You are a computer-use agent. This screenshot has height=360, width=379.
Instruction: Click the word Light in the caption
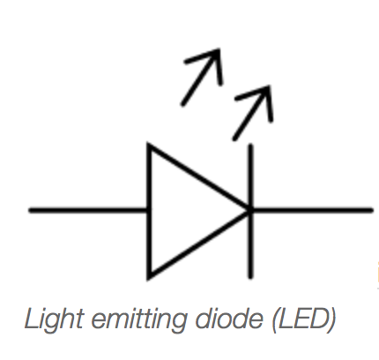[x=55, y=320]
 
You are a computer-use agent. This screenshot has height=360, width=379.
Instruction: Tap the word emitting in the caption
[x=139, y=320]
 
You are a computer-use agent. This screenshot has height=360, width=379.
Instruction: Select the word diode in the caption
[x=229, y=319]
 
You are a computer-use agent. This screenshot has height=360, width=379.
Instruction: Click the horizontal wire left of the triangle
[x=88, y=210]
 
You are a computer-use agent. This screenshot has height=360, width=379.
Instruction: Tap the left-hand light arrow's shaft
[x=200, y=78]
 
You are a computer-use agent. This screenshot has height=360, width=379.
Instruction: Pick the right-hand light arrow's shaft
[x=251, y=113]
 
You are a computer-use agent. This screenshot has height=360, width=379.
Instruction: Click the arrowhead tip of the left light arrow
[x=219, y=50]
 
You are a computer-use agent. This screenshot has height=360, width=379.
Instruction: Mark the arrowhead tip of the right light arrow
[x=269, y=86]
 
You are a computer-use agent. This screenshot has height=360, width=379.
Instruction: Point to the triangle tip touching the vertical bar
[x=249, y=210]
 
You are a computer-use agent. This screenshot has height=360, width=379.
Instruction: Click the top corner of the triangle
[x=149, y=145]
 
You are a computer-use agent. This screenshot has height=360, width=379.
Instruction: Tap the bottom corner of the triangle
[x=149, y=278]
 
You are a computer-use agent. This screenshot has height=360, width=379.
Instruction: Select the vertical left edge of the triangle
[x=149, y=211]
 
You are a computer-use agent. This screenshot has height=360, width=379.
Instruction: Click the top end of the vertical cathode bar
[x=250, y=145]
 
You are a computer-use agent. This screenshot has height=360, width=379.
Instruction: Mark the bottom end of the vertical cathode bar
[x=250, y=277]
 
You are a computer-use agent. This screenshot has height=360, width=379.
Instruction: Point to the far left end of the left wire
[x=30, y=210]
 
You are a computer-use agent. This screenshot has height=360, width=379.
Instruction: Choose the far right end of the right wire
[x=372, y=210]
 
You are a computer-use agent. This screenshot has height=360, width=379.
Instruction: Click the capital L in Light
[x=33, y=319]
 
